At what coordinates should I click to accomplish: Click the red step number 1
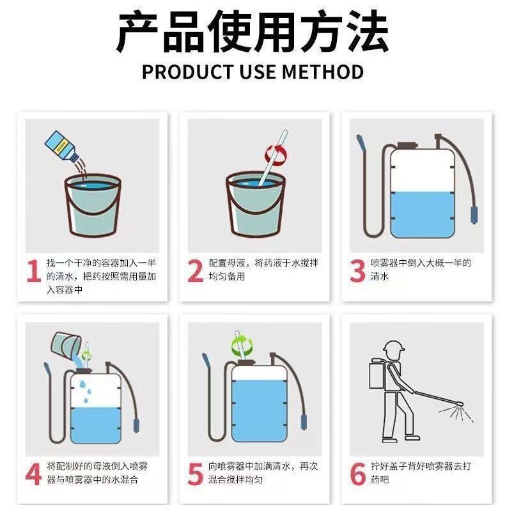pos(33,270)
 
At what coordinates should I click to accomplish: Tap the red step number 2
pos(195,270)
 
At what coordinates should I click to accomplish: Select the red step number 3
pos(357,270)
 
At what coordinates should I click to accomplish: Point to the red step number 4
pos(33,473)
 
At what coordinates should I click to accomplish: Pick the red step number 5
pos(195,473)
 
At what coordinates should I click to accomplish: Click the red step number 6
pos(357,473)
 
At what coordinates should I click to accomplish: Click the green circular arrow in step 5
pos(242,346)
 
